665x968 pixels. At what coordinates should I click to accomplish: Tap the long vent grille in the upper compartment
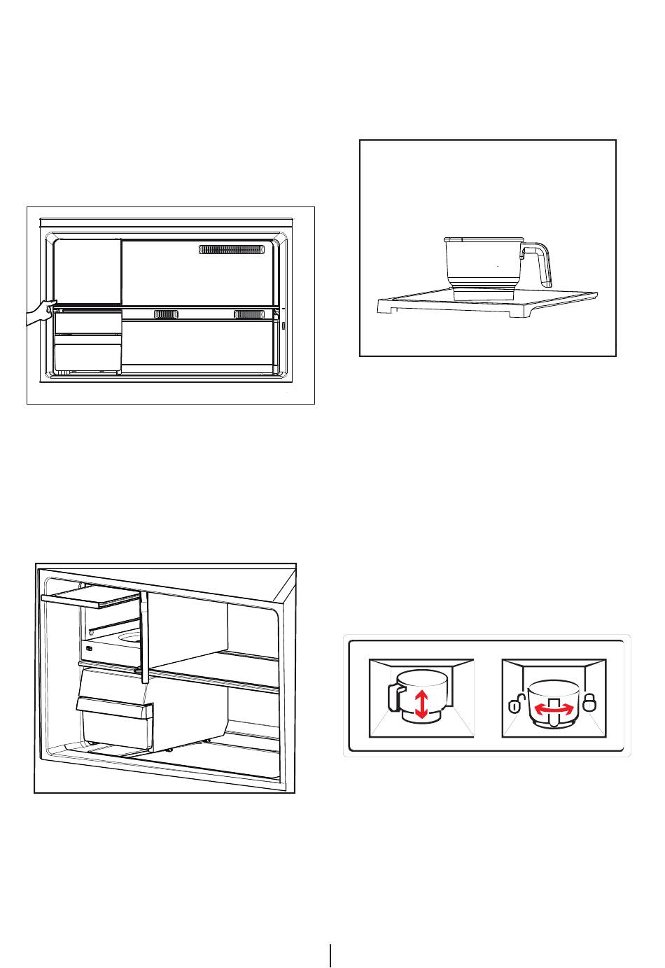pos(232,250)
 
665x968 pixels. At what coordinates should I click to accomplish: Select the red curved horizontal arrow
pos(554,709)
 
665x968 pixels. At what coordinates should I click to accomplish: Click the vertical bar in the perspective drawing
pos(143,637)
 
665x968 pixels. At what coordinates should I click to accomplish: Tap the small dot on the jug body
pos(497,267)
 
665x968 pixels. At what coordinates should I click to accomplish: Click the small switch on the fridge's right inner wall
pos(283,326)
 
